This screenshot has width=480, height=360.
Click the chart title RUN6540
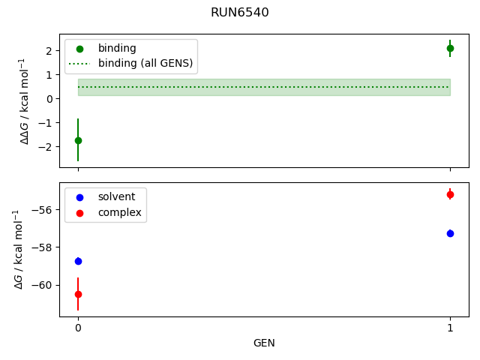pos(240,13)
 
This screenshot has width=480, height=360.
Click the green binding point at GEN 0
pos(78,140)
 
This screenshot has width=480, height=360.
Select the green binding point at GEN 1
pos(450,48)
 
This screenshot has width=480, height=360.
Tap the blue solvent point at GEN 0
pos(78,261)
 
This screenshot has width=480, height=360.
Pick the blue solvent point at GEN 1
pos(450,233)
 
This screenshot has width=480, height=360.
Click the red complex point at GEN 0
pos(78,294)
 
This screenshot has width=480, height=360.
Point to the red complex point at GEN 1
pos(450,194)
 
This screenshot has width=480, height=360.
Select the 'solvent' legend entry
pos(116,196)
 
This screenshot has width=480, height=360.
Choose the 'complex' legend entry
pos(119,213)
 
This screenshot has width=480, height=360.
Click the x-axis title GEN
pos(264,343)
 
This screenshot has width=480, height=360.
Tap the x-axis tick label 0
pos(78,328)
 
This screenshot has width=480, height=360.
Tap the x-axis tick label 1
pos(450,328)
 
